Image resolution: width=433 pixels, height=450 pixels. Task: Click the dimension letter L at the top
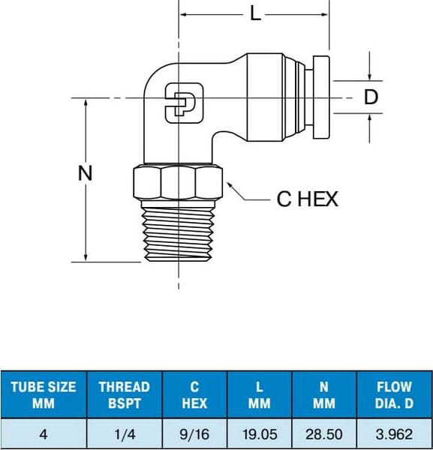pos(256,14)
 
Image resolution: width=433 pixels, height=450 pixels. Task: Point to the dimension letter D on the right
pos(371,97)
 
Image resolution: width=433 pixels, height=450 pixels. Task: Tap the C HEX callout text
pos(308,199)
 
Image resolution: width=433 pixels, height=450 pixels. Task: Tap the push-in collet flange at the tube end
pos(320,97)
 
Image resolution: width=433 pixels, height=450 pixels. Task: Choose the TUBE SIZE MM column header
pos(44,395)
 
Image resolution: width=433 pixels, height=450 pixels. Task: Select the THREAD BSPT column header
pos(124,395)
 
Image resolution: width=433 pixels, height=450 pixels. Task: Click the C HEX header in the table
pos(194,395)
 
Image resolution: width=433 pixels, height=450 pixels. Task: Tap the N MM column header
pos(324,395)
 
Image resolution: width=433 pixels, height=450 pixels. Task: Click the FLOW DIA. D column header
pos(394,395)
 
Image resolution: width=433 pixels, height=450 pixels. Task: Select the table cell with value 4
pos(44,433)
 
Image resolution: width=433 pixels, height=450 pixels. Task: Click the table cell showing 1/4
pos(124,433)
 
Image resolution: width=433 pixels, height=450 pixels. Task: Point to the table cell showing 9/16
pos(194,433)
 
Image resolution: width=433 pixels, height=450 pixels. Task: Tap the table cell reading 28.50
pos(324,433)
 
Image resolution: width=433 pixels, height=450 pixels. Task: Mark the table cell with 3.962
pos(394,433)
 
